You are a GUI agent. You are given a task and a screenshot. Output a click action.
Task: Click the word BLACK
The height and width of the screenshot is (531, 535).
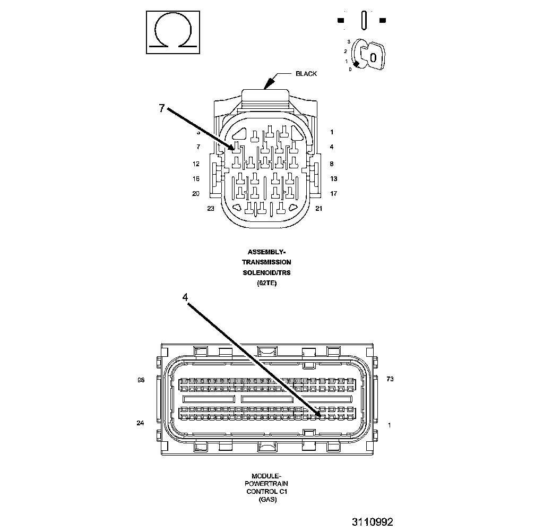pyautogui.click(x=306, y=74)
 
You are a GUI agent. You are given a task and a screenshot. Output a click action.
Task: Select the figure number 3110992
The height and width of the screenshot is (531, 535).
pyautogui.click(x=372, y=522)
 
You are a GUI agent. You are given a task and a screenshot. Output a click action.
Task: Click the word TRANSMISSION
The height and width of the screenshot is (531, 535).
pyautogui.click(x=266, y=262)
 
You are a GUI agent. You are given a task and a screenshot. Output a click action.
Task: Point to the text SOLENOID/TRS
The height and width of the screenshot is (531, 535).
pyautogui.click(x=266, y=272)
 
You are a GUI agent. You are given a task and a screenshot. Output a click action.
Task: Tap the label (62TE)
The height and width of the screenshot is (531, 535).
pyautogui.click(x=266, y=283)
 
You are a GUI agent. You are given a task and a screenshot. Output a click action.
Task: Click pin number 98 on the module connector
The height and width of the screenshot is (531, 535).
pyautogui.click(x=141, y=380)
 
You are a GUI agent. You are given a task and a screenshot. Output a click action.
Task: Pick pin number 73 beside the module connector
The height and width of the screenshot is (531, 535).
pyautogui.click(x=390, y=379)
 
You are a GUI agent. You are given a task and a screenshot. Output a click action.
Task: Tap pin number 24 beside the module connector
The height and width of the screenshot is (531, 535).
pyautogui.click(x=141, y=423)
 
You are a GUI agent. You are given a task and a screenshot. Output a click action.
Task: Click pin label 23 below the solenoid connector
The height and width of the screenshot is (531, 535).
pyautogui.click(x=211, y=209)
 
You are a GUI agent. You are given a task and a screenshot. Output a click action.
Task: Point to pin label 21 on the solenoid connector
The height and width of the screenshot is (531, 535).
pyautogui.click(x=319, y=209)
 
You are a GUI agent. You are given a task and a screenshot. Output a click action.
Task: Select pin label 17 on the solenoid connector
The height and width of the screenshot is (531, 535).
pyautogui.click(x=333, y=194)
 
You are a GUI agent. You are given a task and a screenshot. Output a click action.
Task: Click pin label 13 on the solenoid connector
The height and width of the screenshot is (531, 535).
pyautogui.click(x=333, y=179)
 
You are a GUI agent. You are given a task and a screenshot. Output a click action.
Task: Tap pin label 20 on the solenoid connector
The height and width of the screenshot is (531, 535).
pyautogui.click(x=196, y=194)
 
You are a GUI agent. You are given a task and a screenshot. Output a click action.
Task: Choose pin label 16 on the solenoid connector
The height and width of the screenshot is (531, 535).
pyautogui.click(x=196, y=179)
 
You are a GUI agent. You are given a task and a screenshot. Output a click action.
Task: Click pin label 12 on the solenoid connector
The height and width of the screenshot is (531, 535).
pyautogui.click(x=196, y=164)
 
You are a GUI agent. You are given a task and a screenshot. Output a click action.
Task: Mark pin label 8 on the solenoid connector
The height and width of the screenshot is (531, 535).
pyautogui.click(x=331, y=164)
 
